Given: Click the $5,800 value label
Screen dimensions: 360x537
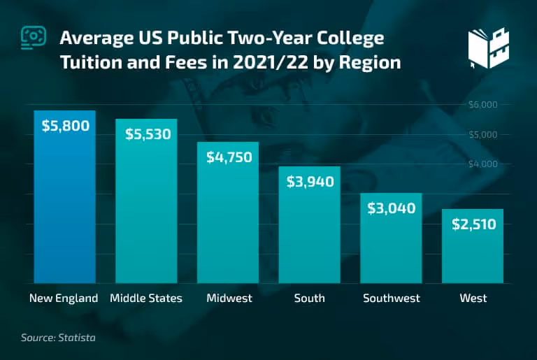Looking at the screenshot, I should pyautogui.click(x=65, y=127).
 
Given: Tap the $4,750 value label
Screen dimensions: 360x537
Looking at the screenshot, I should pyautogui.click(x=229, y=157).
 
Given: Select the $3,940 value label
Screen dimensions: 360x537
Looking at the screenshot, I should pyautogui.click(x=310, y=182).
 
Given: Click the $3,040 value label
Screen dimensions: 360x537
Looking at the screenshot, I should pyautogui.click(x=392, y=208).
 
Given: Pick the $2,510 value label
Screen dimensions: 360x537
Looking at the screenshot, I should pyautogui.click(x=473, y=224).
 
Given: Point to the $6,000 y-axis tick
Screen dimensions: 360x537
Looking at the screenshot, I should pyautogui.click(x=482, y=105).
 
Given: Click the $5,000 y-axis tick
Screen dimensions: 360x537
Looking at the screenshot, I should pyautogui.click(x=482, y=134).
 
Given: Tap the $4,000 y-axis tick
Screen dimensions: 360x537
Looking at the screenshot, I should pyautogui.click(x=482, y=164).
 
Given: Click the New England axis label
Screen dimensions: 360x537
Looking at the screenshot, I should pyautogui.click(x=64, y=298).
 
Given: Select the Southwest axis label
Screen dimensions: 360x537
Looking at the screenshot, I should pyautogui.click(x=392, y=298).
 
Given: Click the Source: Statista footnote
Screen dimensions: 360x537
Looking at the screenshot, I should pyautogui.click(x=58, y=338).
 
